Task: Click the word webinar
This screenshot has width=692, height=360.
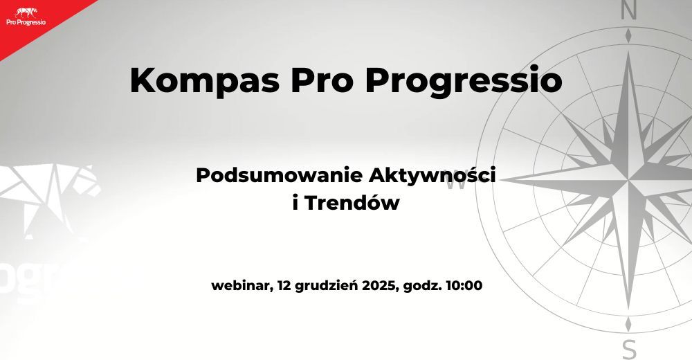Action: tap(240, 285)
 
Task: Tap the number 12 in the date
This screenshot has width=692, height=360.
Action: tap(284, 285)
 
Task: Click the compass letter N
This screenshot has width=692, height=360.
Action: tap(628, 10)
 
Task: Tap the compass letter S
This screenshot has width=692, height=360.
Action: tap(628, 349)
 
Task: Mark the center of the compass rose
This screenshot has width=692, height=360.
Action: tap(628, 181)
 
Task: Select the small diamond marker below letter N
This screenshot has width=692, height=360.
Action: tap(628, 35)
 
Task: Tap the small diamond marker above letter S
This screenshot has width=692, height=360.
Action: tap(628, 324)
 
